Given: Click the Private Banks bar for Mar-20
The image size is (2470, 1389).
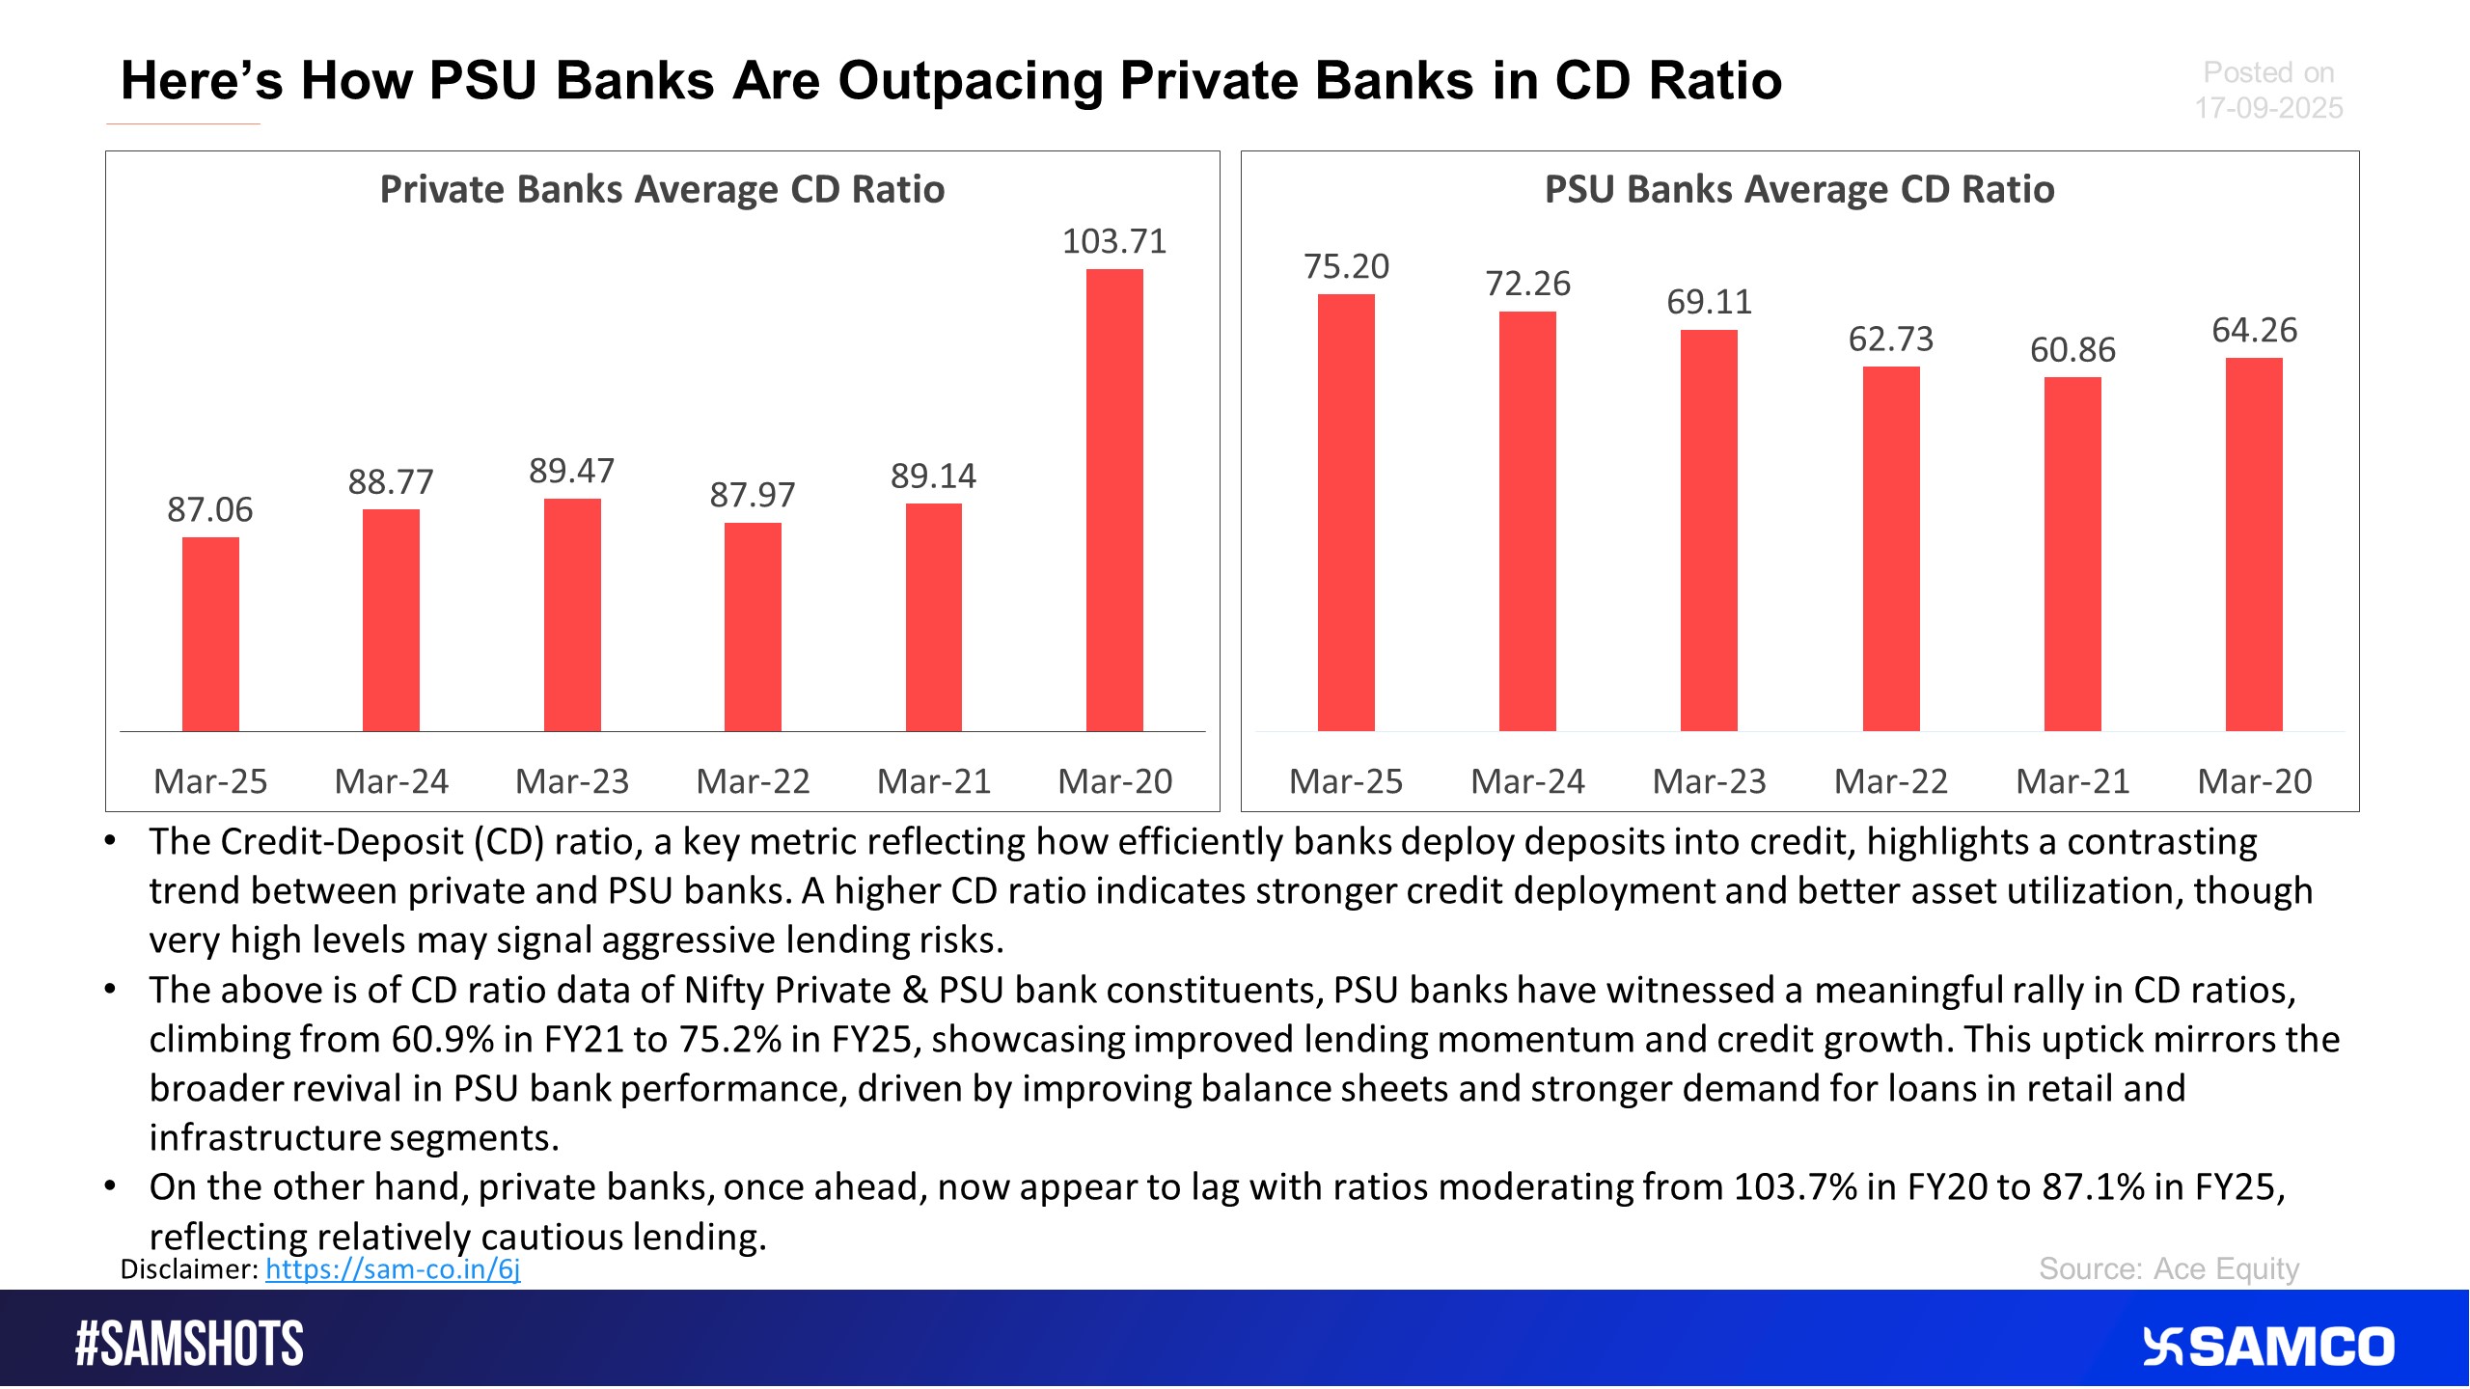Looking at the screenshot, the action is [x=1114, y=500].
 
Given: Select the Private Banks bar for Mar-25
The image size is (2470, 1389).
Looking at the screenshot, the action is [x=210, y=634].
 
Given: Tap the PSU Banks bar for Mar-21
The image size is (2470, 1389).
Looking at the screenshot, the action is [x=2072, y=554].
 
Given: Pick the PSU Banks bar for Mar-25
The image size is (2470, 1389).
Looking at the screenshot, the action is [x=1346, y=512].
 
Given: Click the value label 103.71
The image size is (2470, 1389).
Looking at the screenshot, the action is [x=1114, y=241].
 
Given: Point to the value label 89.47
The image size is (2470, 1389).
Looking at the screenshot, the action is [x=571, y=471].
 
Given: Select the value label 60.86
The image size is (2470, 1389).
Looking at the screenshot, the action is [x=2072, y=349].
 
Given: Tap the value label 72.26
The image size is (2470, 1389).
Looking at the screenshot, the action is [x=1527, y=284].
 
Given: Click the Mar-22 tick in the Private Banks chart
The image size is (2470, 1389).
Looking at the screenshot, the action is [x=753, y=781].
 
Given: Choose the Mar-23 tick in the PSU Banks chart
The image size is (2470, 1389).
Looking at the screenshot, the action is [x=1709, y=781].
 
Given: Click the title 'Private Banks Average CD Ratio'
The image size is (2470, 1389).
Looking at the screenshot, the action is [x=662, y=190].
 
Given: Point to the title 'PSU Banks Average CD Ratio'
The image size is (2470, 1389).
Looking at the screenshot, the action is [x=1799, y=190].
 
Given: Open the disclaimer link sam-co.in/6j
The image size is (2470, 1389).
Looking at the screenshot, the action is [x=393, y=1269].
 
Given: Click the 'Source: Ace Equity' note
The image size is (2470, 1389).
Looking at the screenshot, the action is [x=2169, y=1269].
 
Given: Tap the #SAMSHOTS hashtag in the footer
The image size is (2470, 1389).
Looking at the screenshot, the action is [x=189, y=1344].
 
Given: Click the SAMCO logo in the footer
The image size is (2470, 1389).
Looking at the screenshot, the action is [x=2268, y=1347].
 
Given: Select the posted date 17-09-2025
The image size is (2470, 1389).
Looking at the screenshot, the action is [x=2268, y=108].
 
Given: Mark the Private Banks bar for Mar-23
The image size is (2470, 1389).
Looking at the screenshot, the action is [x=572, y=614].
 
